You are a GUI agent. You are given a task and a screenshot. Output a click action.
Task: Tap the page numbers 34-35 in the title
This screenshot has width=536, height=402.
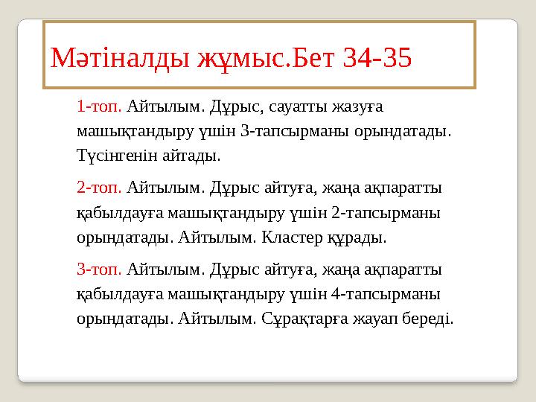377,57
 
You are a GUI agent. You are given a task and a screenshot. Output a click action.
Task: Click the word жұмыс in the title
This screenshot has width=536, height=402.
240,57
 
